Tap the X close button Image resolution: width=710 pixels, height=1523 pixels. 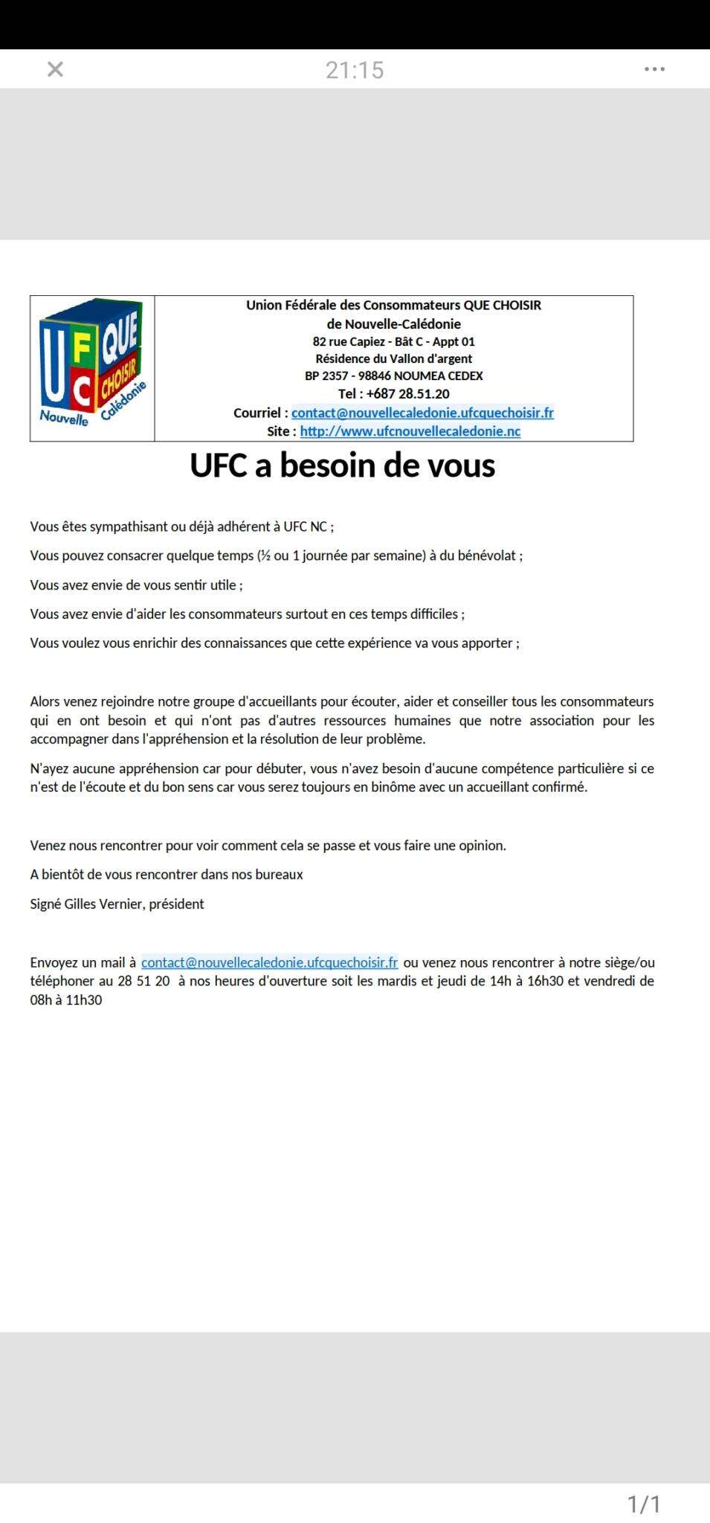(55, 69)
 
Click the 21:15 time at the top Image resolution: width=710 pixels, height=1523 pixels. (355, 70)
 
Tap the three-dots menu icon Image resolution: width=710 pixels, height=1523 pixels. (654, 69)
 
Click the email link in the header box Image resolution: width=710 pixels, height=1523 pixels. (422, 413)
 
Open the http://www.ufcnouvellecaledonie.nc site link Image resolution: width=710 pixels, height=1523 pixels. (410, 431)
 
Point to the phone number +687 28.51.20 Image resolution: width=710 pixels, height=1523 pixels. (407, 394)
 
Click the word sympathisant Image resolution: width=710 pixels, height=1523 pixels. (129, 527)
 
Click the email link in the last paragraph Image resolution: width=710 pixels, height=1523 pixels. (269, 962)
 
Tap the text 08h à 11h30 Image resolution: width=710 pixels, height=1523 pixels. (66, 1000)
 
